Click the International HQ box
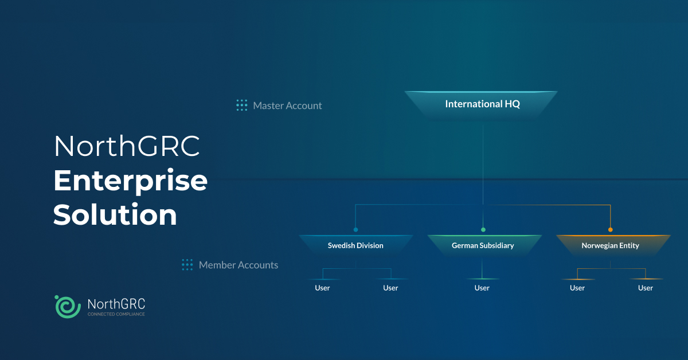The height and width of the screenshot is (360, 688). [482, 105]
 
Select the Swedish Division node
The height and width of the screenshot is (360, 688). [355, 245]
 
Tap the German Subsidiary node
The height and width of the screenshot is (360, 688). [483, 245]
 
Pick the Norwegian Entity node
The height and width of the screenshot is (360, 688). [610, 245]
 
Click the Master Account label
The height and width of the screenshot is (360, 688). [287, 105]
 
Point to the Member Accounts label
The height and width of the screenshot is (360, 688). [238, 265]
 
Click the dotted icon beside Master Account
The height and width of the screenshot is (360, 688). [242, 105]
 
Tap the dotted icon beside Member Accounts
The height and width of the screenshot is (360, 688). [187, 264]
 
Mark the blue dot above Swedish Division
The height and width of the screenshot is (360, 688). [355, 229]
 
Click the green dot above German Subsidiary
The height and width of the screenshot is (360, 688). [483, 229]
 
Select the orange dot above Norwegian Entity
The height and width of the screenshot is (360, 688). [610, 229]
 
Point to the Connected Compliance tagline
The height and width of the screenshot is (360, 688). [116, 314]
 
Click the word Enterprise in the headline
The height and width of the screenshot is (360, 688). [130, 181]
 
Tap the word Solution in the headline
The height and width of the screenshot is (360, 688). [115, 215]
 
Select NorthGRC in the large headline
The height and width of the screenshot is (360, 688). [127, 147]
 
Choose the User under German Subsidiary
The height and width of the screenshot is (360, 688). [482, 288]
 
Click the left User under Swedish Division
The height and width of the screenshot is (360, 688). [322, 288]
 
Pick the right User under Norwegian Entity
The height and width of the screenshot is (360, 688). [646, 288]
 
